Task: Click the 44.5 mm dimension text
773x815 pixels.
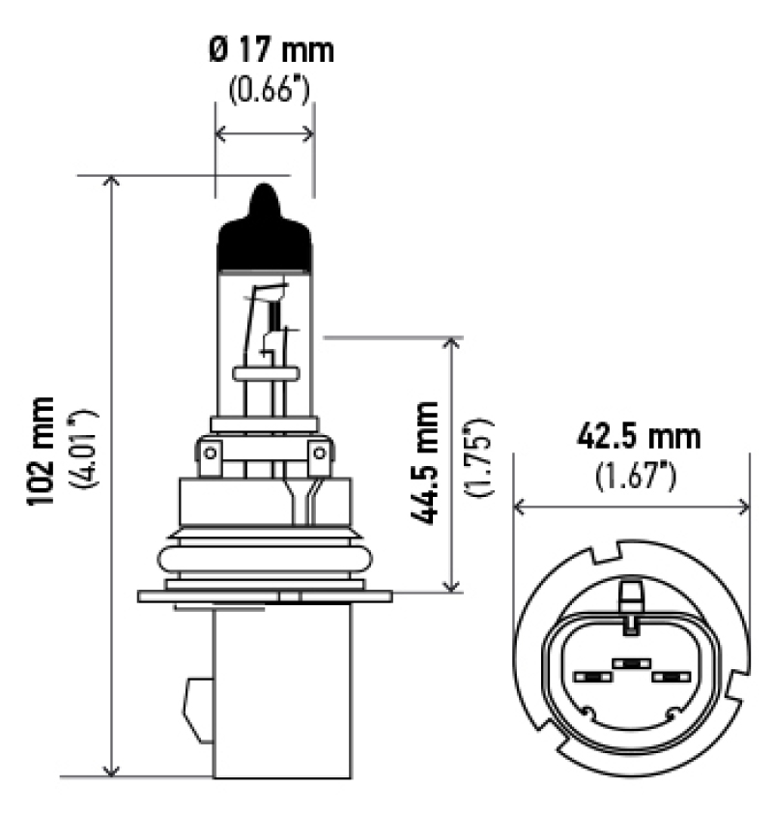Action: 422,462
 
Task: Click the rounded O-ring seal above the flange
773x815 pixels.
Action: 266,560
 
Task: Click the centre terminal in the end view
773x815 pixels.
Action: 629,664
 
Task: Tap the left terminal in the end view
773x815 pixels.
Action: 588,677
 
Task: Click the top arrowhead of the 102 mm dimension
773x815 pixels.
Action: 113,183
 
